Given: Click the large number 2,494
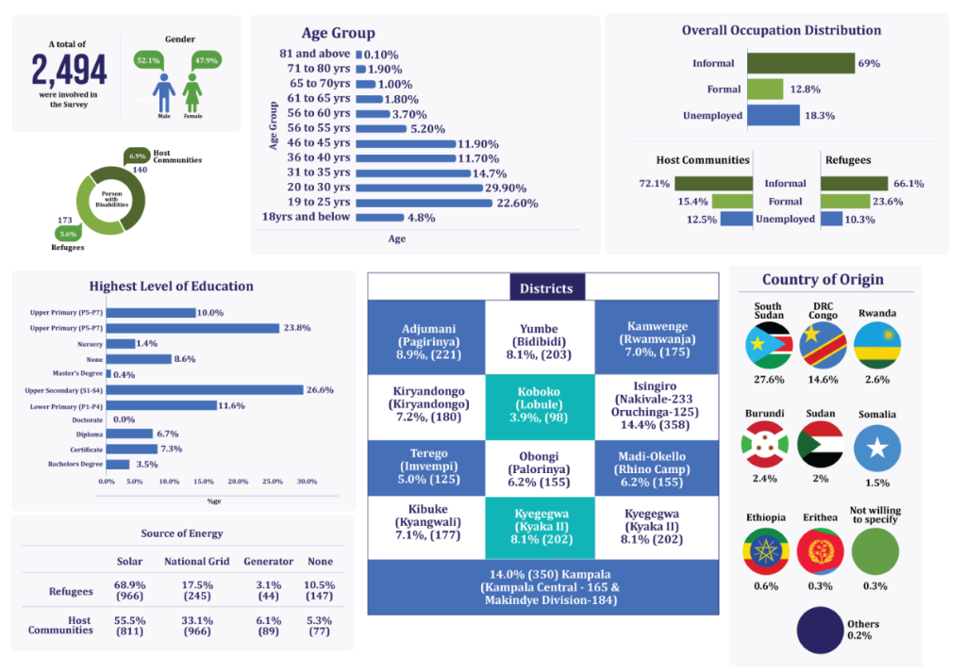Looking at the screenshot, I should coord(69,70).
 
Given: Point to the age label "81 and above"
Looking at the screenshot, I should coord(315,55).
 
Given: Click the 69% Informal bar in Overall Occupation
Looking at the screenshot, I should coord(801,63).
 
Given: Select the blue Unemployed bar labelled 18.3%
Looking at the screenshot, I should coord(774,116).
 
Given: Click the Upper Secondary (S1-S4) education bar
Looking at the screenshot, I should coord(205,389).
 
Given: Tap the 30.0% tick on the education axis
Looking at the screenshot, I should coord(307,481).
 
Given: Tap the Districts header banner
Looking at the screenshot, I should coord(546,287).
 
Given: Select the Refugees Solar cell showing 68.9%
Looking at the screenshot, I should coord(129,591).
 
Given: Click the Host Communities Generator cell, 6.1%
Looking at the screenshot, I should coord(268,627).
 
